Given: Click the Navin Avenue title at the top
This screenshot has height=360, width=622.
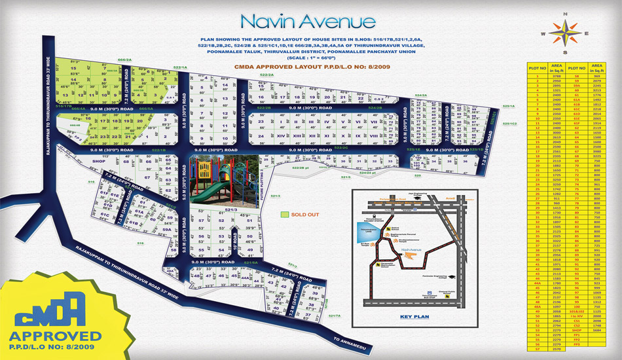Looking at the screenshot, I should pos(310,22).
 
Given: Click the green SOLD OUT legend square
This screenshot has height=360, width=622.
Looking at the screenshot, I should pos(284,214).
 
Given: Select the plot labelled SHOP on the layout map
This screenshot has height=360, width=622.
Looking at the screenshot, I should pos(99,160).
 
